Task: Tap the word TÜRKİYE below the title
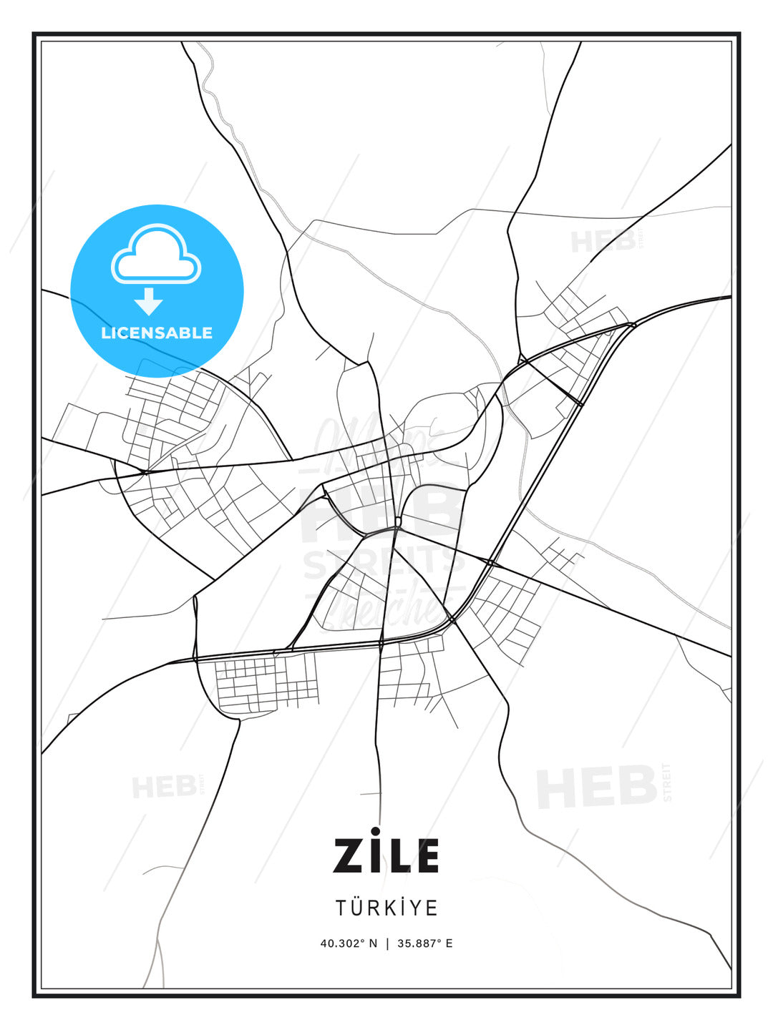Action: click(x=386, y=908)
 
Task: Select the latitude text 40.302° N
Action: click(x=349, y=943)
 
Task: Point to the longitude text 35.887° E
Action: click(x=425, y=943)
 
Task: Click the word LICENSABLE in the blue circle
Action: click(x=157, y=333)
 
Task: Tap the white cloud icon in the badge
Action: click(x=156, y=255)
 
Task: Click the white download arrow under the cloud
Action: click(x=149, y=302)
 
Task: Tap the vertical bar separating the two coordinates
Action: click(x=387, y=943)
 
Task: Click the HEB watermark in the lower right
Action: click(x=597, y=788)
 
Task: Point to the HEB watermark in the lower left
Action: click(x=165, y=788)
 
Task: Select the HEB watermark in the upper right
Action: click(x=603, y=242)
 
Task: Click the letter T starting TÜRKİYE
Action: click(x=342, y=908)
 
